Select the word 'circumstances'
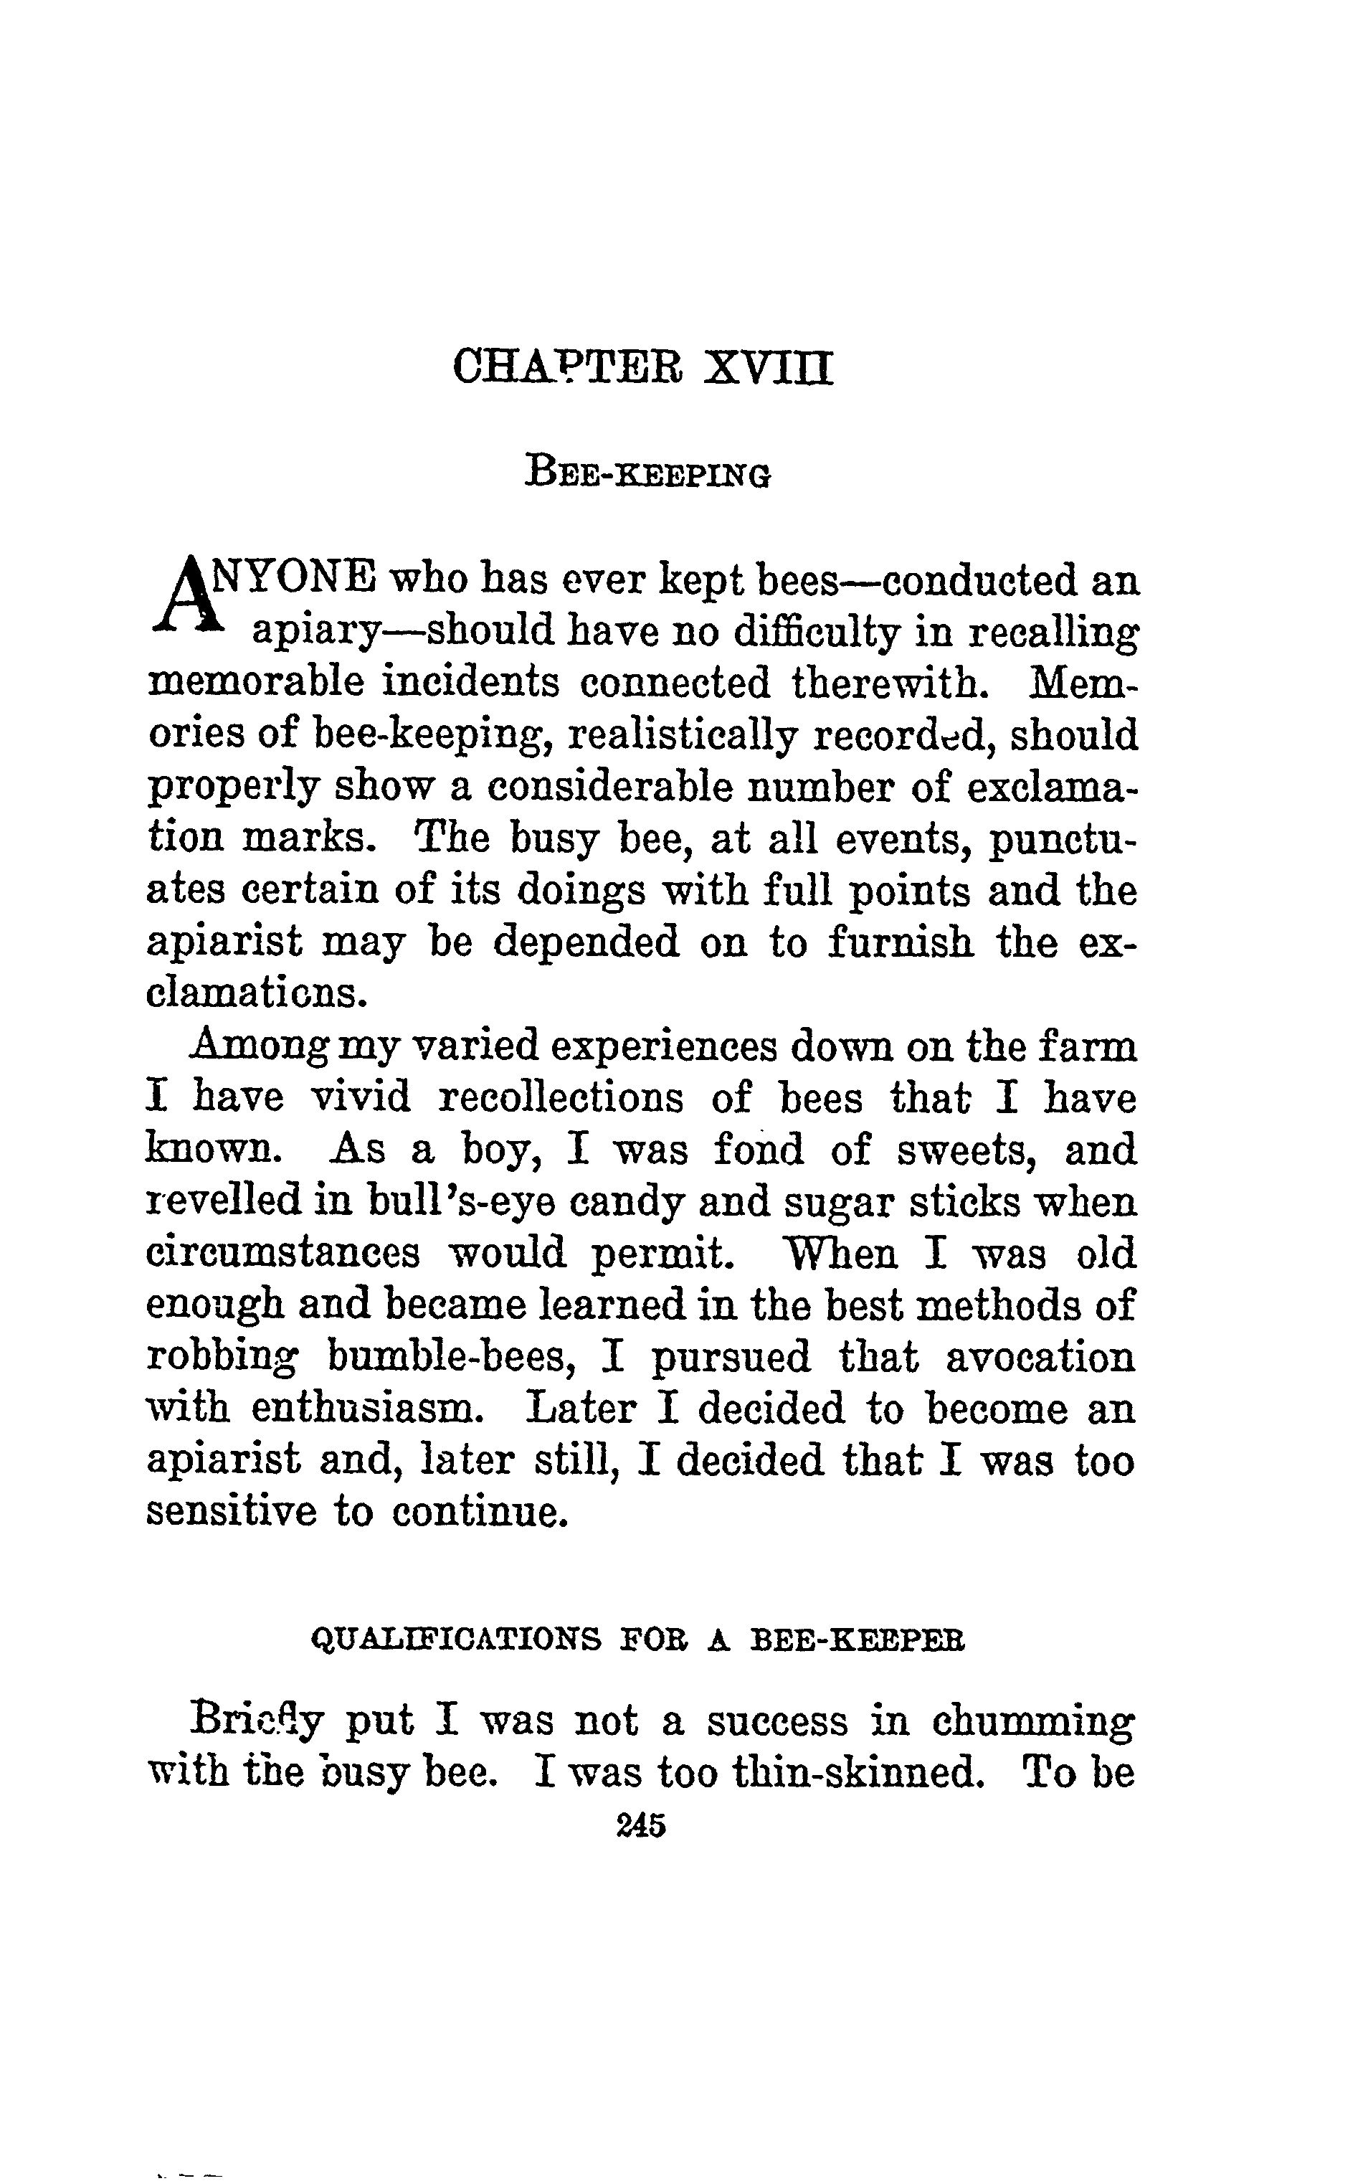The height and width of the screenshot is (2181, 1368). (283, 1254)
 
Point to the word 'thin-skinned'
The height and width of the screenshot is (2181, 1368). (857, 1774)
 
